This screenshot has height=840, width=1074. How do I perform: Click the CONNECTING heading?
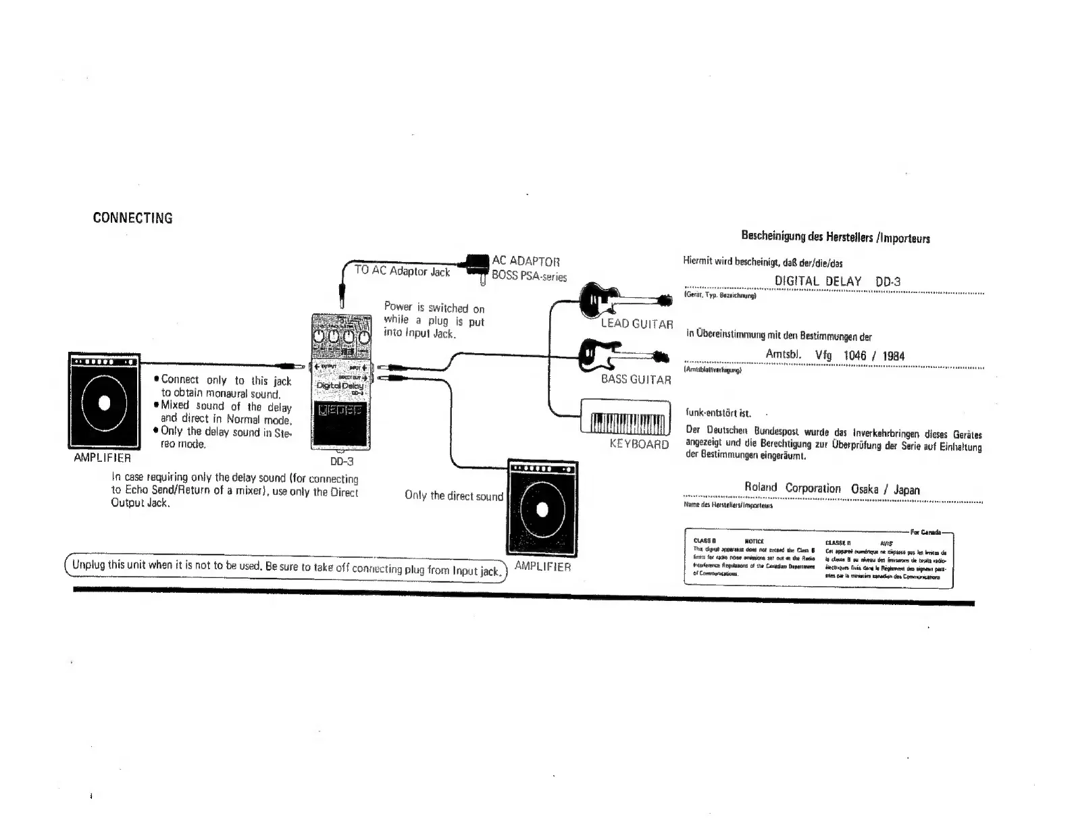(132, 218)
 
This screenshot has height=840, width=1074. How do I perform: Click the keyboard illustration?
(625, 418)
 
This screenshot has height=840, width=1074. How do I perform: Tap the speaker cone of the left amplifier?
(104, 403)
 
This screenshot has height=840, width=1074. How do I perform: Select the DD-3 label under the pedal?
(341, 462)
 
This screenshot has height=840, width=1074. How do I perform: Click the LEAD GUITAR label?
(637, 324)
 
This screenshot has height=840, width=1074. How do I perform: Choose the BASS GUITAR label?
(636, 379)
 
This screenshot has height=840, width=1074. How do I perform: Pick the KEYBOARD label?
(639, 444)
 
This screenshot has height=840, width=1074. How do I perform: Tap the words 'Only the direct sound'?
(454, 496)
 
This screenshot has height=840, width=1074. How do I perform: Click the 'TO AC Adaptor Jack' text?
(403, 271)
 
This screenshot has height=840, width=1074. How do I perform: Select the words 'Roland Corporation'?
(792, 488)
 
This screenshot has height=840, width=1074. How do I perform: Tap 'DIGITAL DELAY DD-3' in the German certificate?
(838, 282)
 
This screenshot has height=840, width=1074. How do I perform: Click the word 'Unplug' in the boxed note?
(88, 565)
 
